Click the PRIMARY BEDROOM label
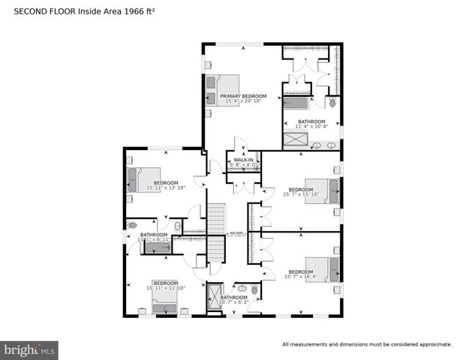coord(243,97)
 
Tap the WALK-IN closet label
coord(243,160)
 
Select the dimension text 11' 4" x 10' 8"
coord(311,126)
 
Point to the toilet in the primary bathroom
coord(332,102)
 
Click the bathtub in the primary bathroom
coord(297,103)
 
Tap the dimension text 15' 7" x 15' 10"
coord(300,194)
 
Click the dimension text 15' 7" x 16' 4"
coord(300,276)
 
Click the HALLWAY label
coord(235,233)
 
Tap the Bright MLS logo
coord(30,349)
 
